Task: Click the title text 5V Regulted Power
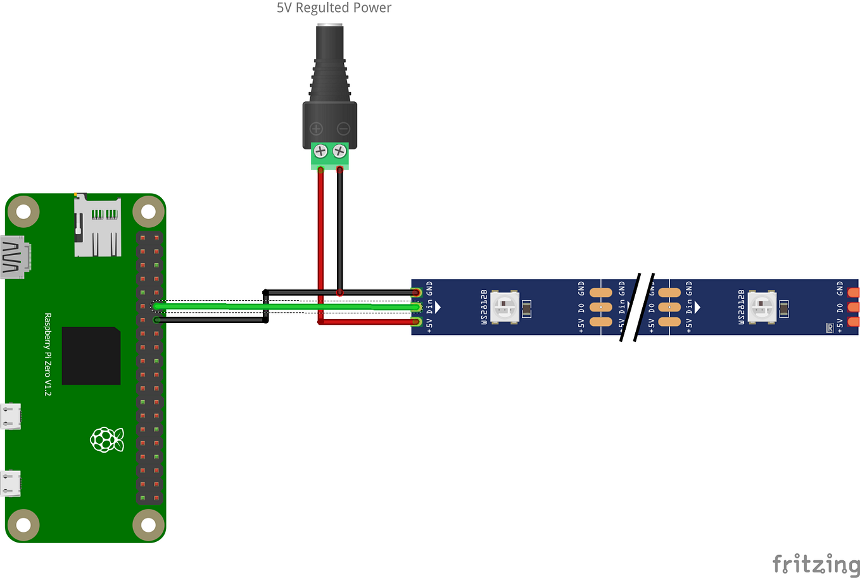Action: [334, 8]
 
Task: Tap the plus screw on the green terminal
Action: [320, 151]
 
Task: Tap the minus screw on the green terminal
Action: [339, 151]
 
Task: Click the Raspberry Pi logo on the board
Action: [106, 439]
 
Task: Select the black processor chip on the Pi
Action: [91, 356]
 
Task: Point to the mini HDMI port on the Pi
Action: [15, 257]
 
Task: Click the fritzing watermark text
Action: [816, 563]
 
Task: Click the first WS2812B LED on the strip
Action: [504, 307]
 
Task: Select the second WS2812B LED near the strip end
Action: [762, 307]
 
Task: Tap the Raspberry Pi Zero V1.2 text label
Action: [47, 355]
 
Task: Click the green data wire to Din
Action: [285, 306]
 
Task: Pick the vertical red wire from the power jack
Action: [321, 241]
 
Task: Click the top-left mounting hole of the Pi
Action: [23, 211]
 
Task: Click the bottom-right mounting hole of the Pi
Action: [148, 525]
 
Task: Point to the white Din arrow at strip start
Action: [438, 307]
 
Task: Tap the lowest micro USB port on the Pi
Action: [11, 484]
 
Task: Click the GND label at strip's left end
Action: [429, 289]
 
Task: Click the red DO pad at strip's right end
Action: [854, 307]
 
